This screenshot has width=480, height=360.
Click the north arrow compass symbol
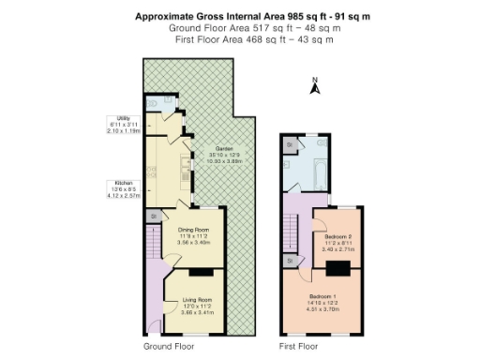coord(316,88)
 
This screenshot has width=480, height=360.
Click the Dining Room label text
coord(193,230)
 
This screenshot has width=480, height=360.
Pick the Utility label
coord(123,119)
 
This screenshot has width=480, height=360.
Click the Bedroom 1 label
coord(323,296)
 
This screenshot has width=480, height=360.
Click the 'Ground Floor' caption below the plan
coord(169,347)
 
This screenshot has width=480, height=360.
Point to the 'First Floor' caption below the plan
coord(298,347)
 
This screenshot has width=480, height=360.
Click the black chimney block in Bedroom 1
coord(338,268)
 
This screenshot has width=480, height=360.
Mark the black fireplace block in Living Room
coord(199,273)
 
